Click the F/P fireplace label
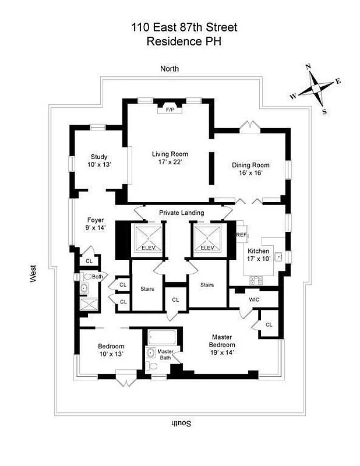[x=170, y=110]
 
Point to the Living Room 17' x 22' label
[x=170, y=158]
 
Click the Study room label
[x=99, y=161]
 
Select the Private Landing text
[x=181, y=213]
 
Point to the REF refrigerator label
[x=242, y=235]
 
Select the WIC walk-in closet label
[x=254, y=300]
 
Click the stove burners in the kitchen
[x=255, y=280]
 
